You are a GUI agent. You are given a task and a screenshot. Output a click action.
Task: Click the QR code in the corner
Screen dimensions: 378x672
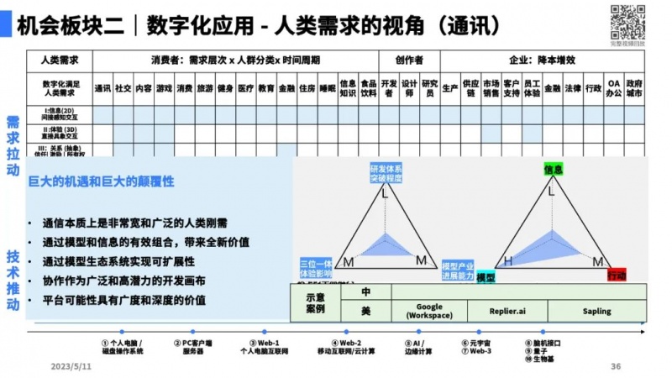point(626,21)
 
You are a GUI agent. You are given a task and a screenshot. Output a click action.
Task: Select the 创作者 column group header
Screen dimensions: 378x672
point(408,60)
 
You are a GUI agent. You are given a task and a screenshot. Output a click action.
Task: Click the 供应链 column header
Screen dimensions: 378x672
point(470,87)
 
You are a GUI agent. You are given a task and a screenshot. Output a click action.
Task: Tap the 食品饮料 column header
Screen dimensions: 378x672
point(368,87)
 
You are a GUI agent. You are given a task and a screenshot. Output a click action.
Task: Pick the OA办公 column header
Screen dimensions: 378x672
point(614,87)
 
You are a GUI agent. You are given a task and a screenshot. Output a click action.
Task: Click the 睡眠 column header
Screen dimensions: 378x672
point(328,87)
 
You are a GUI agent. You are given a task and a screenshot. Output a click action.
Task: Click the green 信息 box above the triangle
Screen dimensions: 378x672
point(553,170)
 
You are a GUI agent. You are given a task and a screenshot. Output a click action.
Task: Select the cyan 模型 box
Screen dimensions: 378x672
point(486,276)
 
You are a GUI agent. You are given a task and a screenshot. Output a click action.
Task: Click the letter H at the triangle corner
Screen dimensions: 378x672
point(507,261)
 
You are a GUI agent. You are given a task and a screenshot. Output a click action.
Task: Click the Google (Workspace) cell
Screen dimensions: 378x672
point(429,311)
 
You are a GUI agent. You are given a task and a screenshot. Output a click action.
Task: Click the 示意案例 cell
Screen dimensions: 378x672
point(315,302)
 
